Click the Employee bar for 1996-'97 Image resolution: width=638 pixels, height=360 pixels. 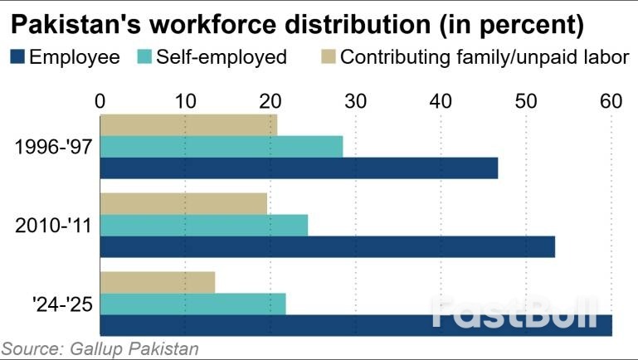coord(299,168)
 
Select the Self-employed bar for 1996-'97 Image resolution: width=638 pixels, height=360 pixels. coord(222,147)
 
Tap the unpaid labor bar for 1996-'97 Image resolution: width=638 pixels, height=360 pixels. coord(188,125)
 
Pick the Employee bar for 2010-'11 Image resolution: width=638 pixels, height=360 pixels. coord(327,246)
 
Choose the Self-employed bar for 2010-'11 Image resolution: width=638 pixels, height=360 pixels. coord(204,225)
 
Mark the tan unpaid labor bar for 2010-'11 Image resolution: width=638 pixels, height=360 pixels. coord(183,203)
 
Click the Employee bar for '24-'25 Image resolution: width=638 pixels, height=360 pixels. coord(356,326)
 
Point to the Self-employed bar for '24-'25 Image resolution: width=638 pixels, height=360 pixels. coord(192,304)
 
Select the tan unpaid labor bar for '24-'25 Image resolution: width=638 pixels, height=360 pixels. coord(158,283)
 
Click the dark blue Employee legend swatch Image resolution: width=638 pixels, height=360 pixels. coord(17,57)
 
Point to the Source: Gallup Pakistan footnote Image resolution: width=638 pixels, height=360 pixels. coord(100,348)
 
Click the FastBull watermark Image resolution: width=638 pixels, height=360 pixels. coord(514,314)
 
